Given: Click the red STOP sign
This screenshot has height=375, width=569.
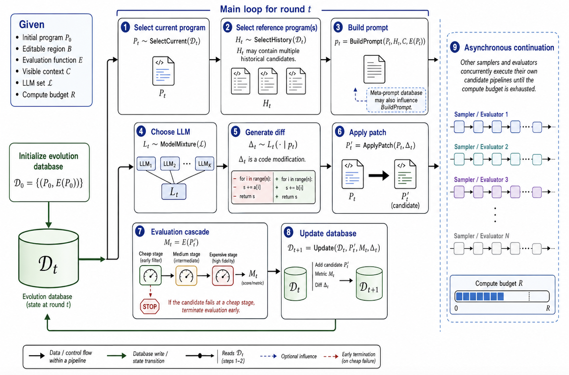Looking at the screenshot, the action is [x=150, y=306].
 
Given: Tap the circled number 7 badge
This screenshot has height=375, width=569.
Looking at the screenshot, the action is [x=140, y=231].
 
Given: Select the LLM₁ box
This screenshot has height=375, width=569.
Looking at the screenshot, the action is [x=146, y=163].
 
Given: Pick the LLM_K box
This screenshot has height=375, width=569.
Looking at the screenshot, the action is [x=205, y=163].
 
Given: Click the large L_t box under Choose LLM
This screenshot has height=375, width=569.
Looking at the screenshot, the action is [x=174, y=192].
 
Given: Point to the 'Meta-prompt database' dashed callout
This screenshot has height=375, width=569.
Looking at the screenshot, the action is [x=396, y=100].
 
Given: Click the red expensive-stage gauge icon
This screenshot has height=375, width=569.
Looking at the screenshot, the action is [x=223, y=276].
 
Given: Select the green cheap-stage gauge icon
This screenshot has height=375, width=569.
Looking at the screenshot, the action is [x=150, y=275].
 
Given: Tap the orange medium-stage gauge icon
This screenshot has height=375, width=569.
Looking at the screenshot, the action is [x=186, y=276].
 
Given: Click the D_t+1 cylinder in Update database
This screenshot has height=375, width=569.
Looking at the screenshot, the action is [x=369, y=283].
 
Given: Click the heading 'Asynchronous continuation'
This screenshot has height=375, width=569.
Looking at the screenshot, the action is [x=509, y=48].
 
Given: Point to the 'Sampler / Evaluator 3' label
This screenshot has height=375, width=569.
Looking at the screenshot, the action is [x=481, y=179].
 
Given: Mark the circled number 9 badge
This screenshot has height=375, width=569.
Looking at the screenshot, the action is [x=455, y=47].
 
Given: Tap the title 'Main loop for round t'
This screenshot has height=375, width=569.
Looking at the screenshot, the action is [x=265, y=9].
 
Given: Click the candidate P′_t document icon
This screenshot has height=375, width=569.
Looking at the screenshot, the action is [x=405, y=174].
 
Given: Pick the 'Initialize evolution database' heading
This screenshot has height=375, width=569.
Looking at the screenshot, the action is [x=48, y=161].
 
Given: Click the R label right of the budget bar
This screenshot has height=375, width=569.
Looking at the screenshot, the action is [x=548, y=308].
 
